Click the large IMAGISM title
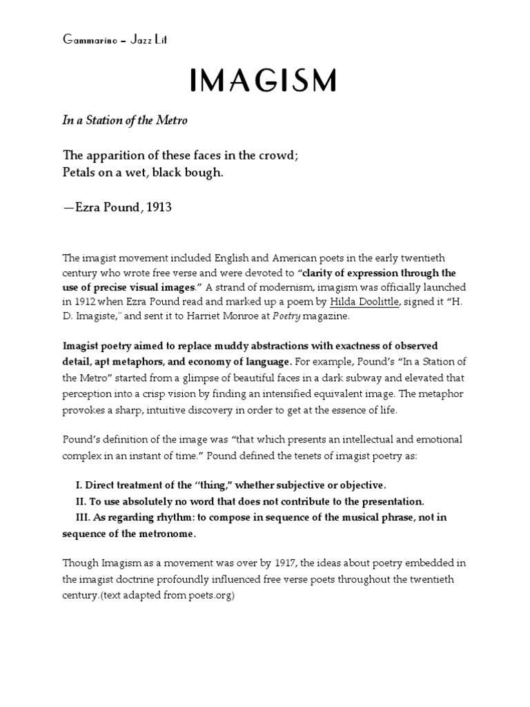point(263,81)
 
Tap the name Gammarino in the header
point(87,39)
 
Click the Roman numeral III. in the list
point(84,517)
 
